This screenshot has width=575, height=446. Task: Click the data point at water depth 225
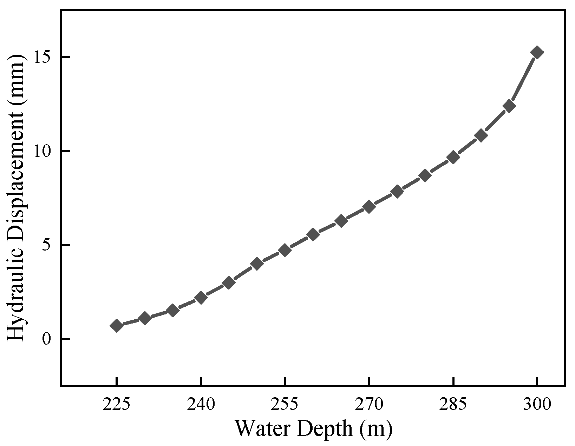pyautogui.click(x=116, y=326)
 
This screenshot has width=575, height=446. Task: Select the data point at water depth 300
pyautogui.click(x=537, y=52)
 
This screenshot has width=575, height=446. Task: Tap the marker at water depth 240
pyautogui.click(x=201, y=298)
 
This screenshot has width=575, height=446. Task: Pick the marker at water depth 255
pyautogui.click(x=285, y=250)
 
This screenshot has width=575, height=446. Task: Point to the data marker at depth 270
pyautogui.click(x=369, y=207)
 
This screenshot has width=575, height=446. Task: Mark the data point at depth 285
pyautogui.click(x=453, y=157)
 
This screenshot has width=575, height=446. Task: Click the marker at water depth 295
pyautogui.click(x=509, y=106)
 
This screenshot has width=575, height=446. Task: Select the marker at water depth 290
pyautogui.click(x=481, y=135)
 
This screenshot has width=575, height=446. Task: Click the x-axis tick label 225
pyautogui.click(x=116, y=405)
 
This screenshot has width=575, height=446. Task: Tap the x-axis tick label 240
pyautogui.click(x=201, y=405)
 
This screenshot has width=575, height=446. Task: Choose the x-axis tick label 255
pyautogui.click(x=285, y=405)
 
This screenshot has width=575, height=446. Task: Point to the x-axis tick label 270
pyautogui.click(x=369, y=405)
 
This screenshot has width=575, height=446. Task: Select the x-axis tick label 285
pyautogui.click(x=453, y=405)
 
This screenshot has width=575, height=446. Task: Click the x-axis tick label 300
pyautogui.click(x=537, y=405)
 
